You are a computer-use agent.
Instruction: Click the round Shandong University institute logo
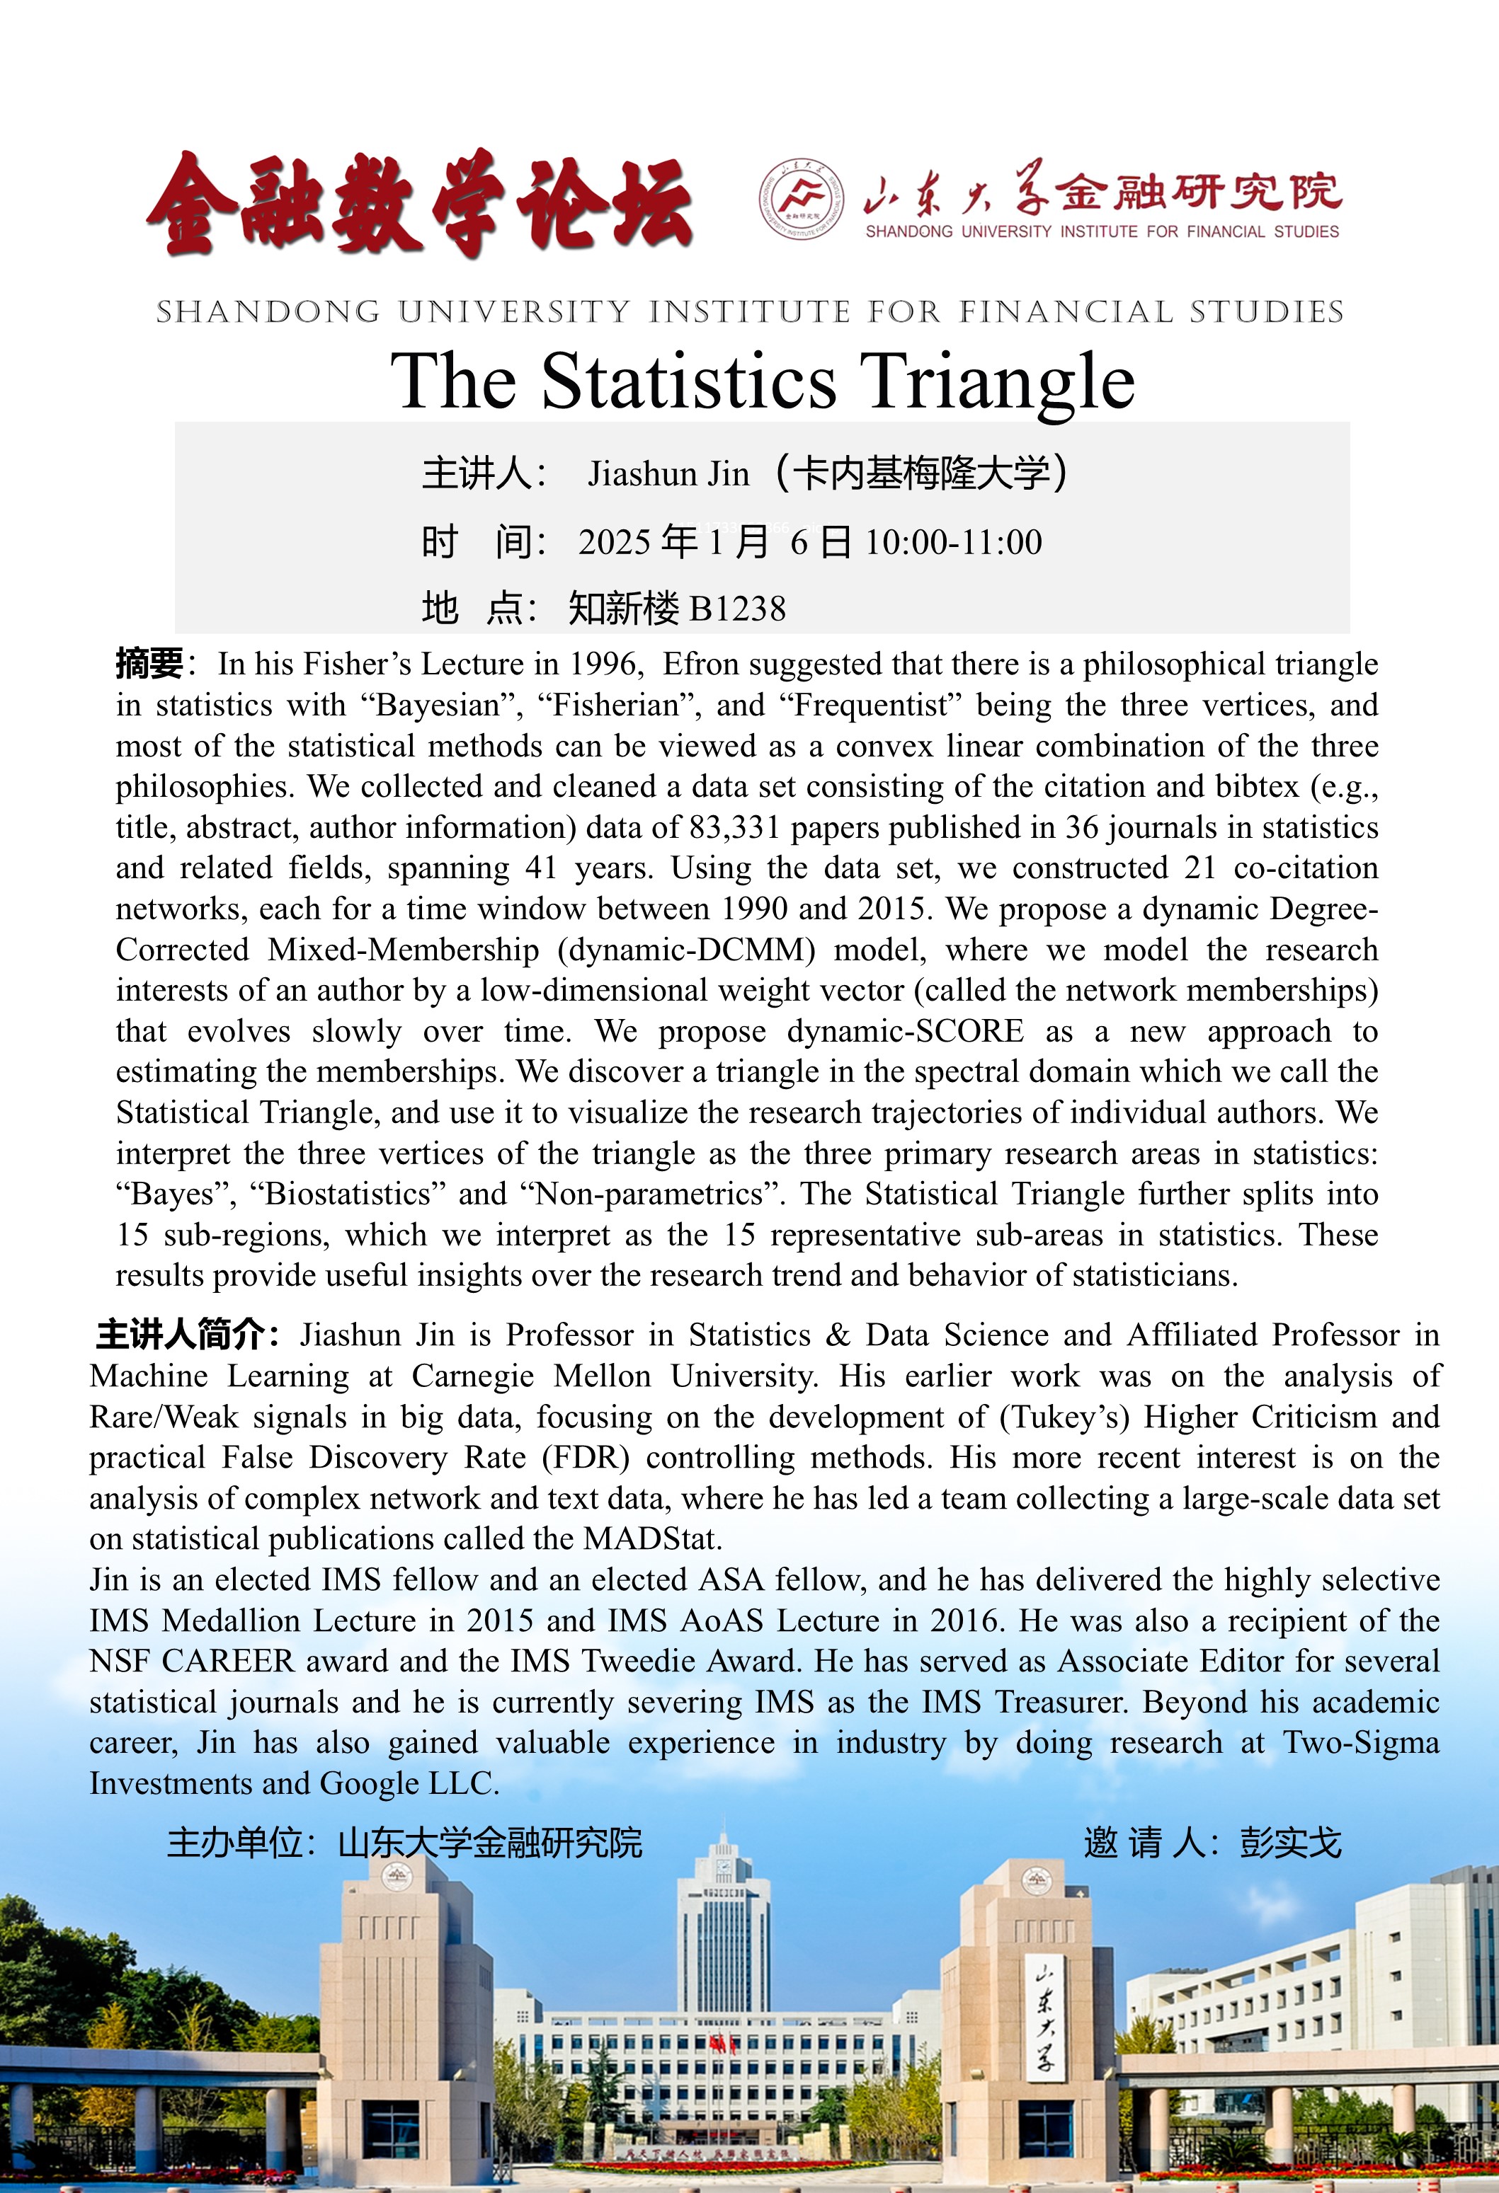(802, 198)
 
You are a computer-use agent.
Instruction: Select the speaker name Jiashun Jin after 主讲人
(668, 473)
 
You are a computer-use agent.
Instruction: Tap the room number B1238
(737, 609)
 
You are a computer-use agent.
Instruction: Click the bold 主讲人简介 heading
(187, 1335)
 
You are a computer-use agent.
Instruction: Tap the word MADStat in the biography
(651, 1539)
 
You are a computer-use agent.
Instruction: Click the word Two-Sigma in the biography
(1360, 1743)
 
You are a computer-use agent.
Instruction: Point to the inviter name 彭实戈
(1289, 1842)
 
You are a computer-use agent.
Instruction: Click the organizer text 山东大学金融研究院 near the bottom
(490, 1842)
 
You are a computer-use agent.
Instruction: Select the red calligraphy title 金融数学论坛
(420, 203)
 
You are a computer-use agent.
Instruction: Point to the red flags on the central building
(723, 2045)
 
